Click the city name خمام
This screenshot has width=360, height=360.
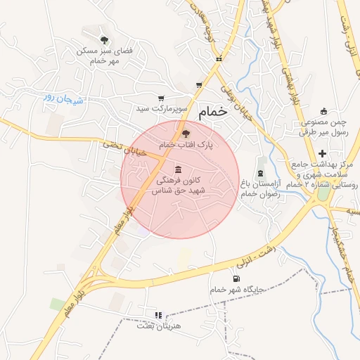213,112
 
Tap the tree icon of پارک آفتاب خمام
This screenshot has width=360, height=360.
186,132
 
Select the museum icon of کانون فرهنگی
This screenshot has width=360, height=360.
177,169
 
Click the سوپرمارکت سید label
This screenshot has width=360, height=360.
162,110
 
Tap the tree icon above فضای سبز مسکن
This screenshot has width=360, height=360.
105,39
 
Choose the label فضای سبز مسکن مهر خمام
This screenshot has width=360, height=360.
106,56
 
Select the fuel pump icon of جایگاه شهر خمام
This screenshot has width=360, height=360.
235,278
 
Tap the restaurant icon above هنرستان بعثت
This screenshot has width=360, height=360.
158,315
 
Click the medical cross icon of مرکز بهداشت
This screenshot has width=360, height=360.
322,153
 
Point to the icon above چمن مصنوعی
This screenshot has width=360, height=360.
323,111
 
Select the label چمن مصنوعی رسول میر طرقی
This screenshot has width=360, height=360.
324,127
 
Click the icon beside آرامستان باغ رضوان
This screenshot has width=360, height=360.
261,174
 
